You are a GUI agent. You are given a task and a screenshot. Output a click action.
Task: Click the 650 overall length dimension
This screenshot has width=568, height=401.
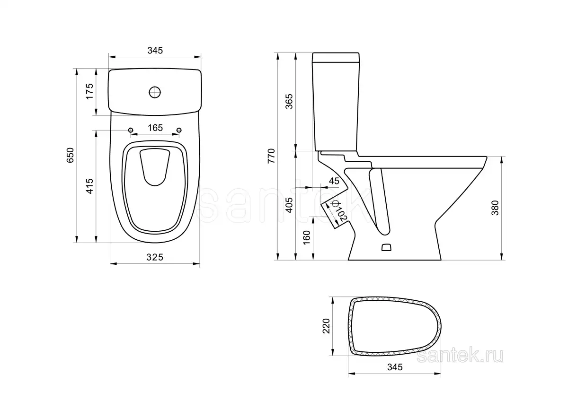(70, 155)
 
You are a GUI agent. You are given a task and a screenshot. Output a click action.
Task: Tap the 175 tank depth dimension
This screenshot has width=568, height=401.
(89, 91)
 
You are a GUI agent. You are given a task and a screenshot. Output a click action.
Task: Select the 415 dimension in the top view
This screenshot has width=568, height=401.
(89, 186)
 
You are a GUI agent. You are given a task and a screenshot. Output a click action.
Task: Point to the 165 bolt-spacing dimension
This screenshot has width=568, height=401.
(155, 128)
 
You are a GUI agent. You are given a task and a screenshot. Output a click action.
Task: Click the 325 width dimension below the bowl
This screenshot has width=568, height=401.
(155, 257)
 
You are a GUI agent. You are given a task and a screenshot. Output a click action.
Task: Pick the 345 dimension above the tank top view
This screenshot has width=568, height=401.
(155, 51)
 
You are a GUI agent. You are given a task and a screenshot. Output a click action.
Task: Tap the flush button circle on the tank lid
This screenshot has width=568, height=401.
(155, 92)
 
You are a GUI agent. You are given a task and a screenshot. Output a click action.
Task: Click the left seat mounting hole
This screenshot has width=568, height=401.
(131, 130)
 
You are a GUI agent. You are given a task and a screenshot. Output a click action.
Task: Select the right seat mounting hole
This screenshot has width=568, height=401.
(179, 130)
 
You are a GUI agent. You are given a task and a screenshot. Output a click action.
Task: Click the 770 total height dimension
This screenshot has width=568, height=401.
(271, 156)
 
